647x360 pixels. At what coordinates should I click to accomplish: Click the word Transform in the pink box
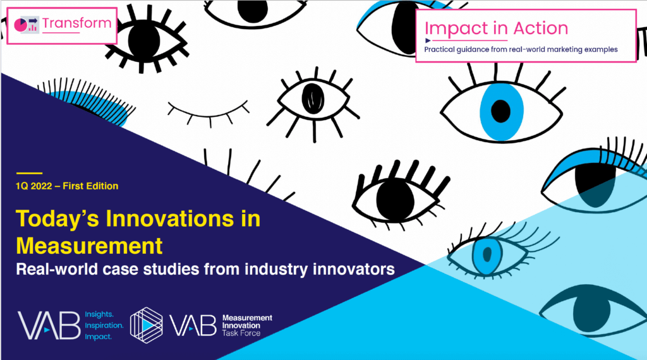click(76, 23)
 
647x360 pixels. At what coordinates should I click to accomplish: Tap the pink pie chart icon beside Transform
click(20, 25)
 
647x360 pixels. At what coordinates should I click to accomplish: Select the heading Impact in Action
click(497, 28)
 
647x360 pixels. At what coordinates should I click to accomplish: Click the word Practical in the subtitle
click(439, 49)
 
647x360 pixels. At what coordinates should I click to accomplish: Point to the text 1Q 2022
click(34, 186)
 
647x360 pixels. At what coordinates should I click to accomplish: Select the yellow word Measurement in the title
click(89, 246)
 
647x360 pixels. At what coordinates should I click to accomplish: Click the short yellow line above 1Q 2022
click(29, 173)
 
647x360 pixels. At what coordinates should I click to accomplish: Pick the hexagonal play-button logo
click(146, 325)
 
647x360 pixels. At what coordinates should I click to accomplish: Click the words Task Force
click(241, 333)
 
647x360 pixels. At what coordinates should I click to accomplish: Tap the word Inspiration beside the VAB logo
click(104, 325)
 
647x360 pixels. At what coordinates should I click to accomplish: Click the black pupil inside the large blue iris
click(501, 111)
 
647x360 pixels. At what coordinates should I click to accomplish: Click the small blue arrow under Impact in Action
click(428, 40)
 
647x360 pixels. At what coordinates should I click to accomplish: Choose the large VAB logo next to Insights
click(49, 325)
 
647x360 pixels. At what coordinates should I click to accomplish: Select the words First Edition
click(90, 186)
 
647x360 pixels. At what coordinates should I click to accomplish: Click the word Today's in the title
click(57, 219)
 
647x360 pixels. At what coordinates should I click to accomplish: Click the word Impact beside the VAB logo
click(98, 337)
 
